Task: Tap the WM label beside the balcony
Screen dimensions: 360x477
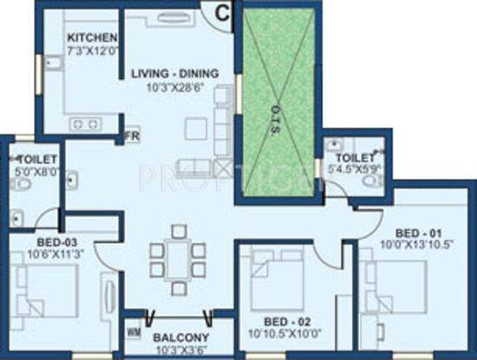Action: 134,331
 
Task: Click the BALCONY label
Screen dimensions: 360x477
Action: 179,337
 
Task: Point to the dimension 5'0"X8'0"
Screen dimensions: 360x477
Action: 36,172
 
